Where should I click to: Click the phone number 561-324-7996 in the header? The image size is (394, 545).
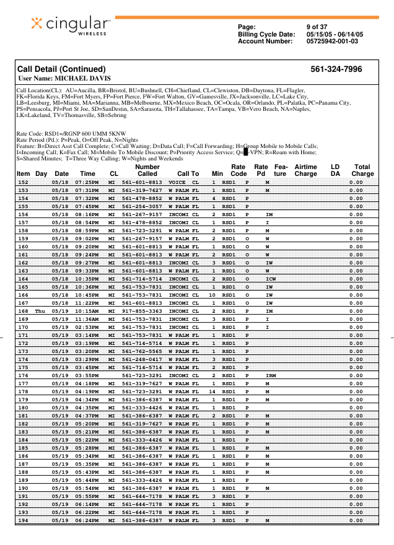[x=336, y=69]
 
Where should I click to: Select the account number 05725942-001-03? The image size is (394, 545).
[x=332, y=41]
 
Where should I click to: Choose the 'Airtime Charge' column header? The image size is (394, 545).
[x=305, y=170]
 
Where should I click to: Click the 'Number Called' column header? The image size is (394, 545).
[x=147, y=170]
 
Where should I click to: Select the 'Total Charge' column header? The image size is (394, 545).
[x=362, y=170]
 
